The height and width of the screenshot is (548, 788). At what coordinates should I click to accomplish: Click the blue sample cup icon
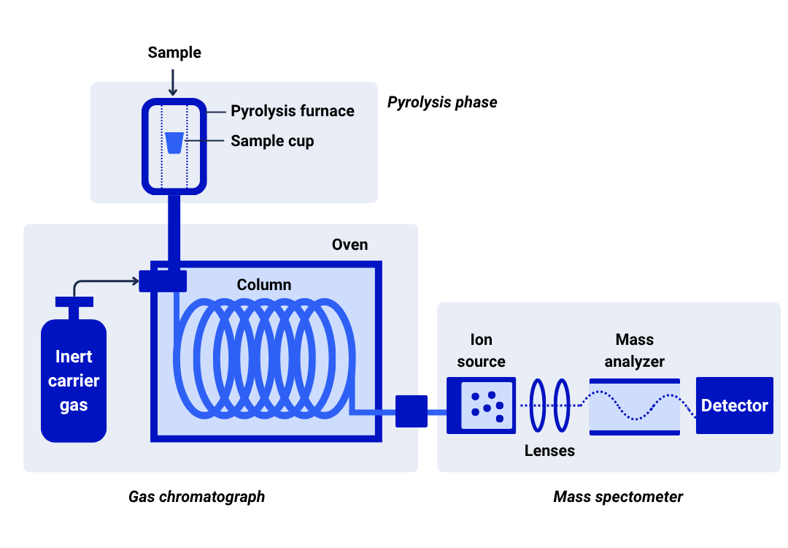[174, 143]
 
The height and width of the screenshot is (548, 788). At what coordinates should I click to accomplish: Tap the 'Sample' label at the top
[174, 53]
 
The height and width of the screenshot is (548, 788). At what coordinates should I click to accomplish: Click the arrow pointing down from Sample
[173, 83]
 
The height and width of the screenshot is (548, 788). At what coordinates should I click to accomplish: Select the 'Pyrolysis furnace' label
[293, 111]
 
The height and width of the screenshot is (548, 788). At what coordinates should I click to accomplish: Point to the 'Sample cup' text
[272, 141]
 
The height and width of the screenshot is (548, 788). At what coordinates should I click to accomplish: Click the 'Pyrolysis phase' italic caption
[442, 102]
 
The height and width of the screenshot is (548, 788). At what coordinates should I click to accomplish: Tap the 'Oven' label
[349, 245]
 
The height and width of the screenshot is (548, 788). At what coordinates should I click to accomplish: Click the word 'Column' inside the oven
[264, 285]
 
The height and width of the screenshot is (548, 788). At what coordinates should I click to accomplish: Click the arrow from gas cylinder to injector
[96, 281]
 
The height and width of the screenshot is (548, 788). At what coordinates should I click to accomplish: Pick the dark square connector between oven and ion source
[412, 411]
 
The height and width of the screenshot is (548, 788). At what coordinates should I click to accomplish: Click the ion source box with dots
[482, 406]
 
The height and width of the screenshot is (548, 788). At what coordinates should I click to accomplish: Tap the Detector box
[735, 406]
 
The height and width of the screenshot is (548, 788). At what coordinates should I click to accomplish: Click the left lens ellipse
[531, 406]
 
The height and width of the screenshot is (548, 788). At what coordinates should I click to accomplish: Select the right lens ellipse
[555, 406]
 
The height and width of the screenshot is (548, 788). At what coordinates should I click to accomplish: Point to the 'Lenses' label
[550, 450]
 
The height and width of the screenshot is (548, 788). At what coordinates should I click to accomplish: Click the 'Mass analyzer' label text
[635, 350]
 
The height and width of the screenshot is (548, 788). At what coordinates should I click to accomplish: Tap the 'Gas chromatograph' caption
[196, 497]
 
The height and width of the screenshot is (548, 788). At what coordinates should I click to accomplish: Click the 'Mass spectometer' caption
[618, 497]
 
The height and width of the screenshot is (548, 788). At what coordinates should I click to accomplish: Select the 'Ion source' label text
[482, 350]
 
